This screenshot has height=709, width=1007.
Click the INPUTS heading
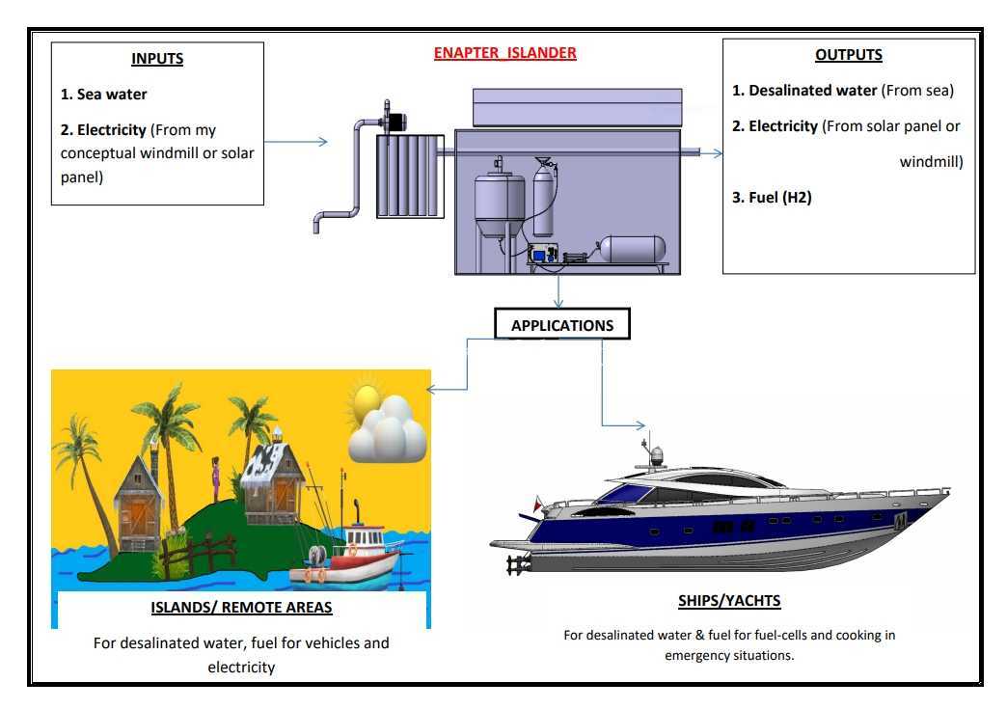point(157,59)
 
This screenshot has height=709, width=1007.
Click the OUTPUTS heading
point(849,55)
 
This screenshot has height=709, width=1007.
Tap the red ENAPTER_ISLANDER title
point(504,53)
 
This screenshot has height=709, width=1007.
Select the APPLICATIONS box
point(562,324)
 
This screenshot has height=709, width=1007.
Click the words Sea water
point(113,95)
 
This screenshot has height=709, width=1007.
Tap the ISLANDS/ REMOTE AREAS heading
point(241,608)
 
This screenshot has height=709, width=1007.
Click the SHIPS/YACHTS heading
point(729,600)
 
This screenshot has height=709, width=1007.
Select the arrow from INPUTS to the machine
point(296,141)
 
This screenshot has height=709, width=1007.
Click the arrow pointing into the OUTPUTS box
point(710,152)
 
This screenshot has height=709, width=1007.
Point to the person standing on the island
point(215,479)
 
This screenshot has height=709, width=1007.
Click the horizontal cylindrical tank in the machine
point(632,249)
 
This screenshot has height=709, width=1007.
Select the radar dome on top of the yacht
point(656,455)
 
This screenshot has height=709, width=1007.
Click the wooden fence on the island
point(199,553)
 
